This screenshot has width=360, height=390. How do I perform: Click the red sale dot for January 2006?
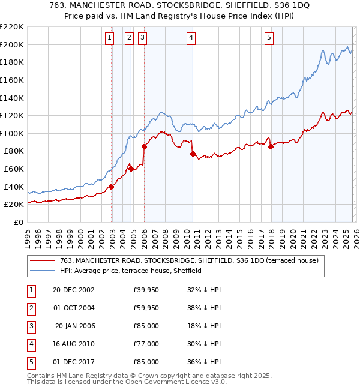(144, 146)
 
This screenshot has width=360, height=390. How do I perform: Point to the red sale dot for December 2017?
(271, 146)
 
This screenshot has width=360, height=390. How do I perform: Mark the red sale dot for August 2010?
(193, 154)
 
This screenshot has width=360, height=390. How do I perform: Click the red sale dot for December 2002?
(112, 187)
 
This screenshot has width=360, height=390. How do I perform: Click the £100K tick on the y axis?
(13, 133)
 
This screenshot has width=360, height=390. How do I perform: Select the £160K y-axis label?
(13, 80)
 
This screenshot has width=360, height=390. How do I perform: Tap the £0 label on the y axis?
(18, 222)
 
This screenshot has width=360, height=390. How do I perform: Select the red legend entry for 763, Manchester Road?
(192, 260)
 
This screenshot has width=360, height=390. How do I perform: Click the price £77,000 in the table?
(146, 344)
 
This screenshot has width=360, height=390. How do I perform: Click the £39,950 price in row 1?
(146, 290)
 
